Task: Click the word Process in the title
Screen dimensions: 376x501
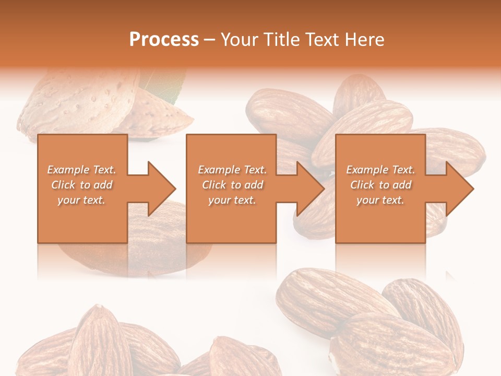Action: tap(164, 40)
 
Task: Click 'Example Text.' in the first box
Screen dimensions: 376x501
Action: tap(81, 170)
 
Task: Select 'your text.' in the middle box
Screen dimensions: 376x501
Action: tap(232, 200)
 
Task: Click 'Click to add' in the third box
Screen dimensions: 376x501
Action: tap(380, 185)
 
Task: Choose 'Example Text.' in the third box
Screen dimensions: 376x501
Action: tap(380, 170)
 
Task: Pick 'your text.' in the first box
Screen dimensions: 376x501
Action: tap(81, 200)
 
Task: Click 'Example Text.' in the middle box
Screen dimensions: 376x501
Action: tap(232, 170)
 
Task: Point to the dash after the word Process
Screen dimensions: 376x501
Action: tap(209, 40)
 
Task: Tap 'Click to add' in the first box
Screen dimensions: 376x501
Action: tap(81, 185)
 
